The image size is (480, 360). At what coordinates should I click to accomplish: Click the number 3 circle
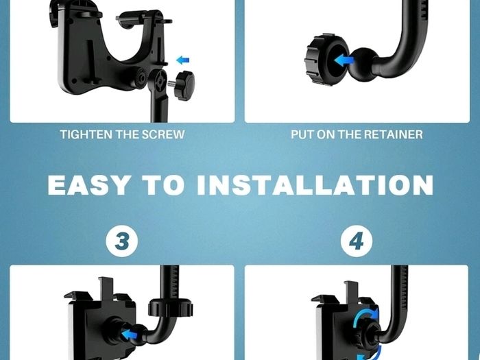[122, 241]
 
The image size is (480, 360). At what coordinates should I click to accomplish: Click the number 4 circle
[357, 241]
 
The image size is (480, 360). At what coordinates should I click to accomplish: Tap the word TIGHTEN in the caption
[82, 134]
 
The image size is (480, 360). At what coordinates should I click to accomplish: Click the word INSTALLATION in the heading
[315, 185]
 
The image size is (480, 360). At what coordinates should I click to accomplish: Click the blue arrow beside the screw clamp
[183, 60]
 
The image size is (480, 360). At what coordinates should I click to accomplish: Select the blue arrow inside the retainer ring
[344, 60]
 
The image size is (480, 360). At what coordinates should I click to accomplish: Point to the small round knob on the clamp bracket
[141, 78]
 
